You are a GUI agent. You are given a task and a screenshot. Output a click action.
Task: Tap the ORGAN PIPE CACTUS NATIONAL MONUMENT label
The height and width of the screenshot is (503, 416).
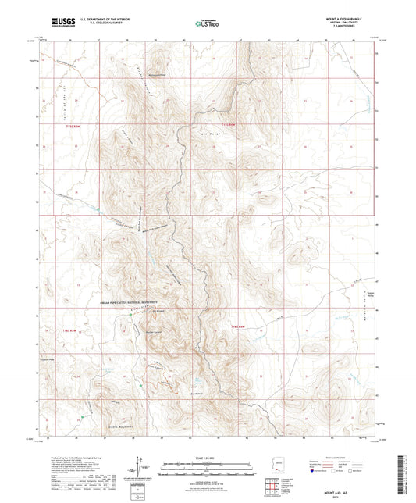pyautogui.click(x=126, y=302)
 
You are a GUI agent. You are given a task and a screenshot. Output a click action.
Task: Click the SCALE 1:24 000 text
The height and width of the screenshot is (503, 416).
pyautogui.click(x=207, y=457)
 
